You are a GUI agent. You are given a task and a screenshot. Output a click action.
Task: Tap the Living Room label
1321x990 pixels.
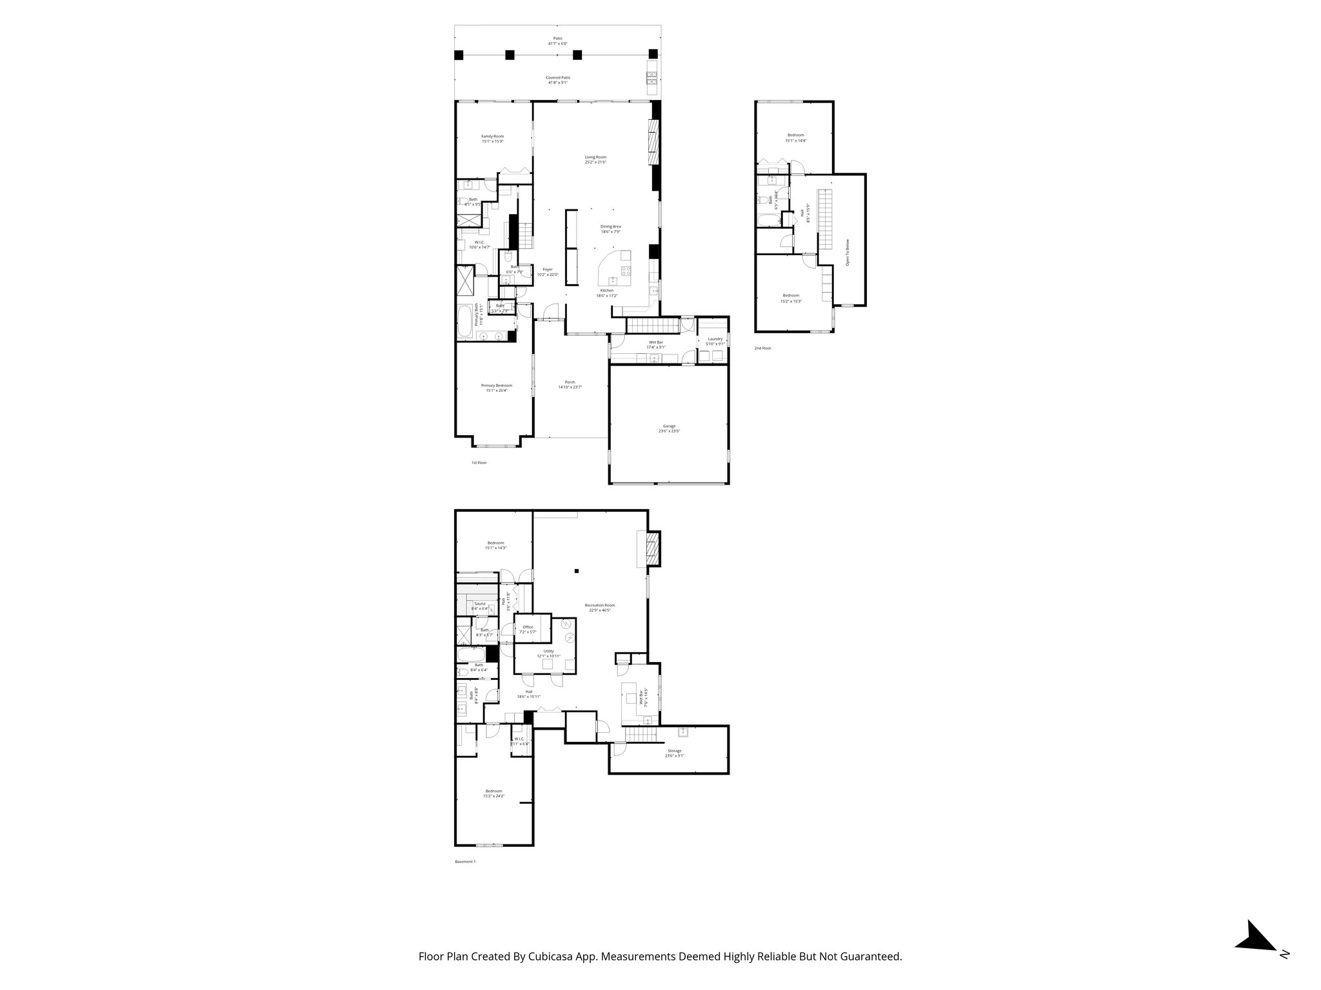point(595,157)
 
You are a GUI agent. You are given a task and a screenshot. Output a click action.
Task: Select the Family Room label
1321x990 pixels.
point(492,137)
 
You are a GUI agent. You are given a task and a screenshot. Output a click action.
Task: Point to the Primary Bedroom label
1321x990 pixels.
point(497,385)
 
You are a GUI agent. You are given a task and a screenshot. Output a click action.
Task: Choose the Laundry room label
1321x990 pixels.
point(715,339)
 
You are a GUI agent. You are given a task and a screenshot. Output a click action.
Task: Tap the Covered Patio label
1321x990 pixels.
point(558,78)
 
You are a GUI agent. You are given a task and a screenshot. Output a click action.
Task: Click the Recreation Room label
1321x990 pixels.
point(600,605)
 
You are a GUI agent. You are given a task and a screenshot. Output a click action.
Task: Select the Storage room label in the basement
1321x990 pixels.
point(674,751)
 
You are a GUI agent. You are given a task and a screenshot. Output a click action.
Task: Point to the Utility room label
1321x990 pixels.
point(548,652)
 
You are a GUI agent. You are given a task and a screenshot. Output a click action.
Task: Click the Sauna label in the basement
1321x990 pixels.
point(479,604)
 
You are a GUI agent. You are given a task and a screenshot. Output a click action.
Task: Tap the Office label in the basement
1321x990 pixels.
point(528,627)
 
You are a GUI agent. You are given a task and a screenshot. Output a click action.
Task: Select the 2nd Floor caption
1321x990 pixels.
point(762,348)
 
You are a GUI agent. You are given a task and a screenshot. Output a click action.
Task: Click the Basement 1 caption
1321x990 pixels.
point(464,862)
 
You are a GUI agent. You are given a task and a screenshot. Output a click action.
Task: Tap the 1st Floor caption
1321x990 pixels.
point(478,463)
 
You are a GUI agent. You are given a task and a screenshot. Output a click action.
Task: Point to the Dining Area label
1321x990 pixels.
point(610,227)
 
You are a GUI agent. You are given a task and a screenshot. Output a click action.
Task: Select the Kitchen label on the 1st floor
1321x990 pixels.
point(607,291)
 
